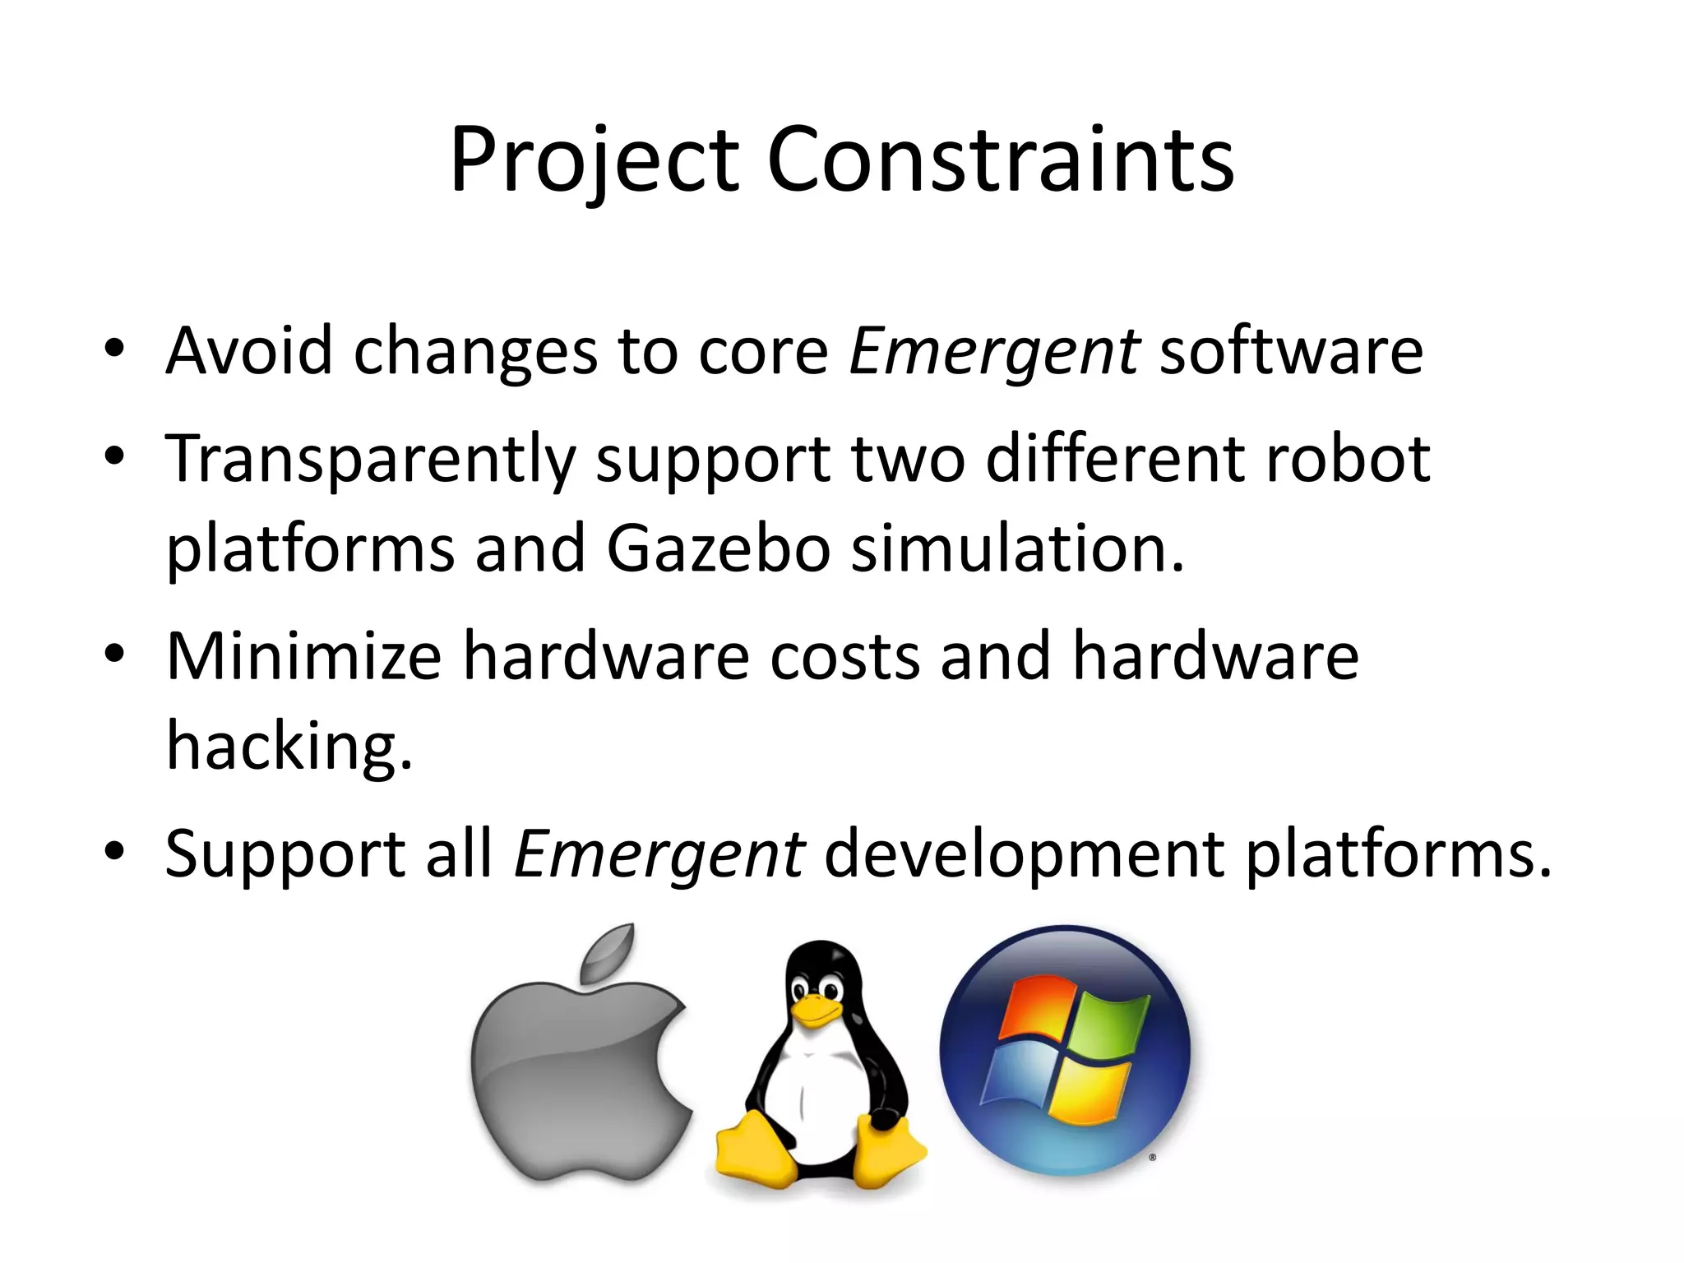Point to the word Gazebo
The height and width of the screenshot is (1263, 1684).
pos(718,548)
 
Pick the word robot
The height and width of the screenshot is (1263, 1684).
pos(1349,459)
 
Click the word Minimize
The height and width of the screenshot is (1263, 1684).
pos(304,656)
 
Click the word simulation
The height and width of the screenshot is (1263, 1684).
pos(1017,548)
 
